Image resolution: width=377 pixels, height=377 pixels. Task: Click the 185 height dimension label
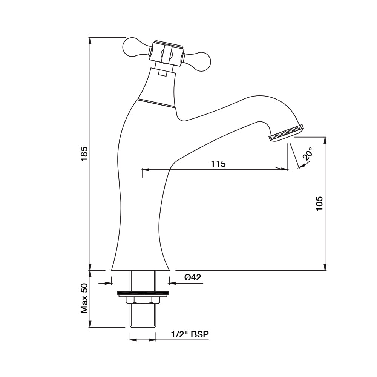click(x=85, y=154)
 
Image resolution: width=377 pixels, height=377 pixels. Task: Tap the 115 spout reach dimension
click(x=218, y=164)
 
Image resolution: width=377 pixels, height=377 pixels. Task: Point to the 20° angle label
click(x=308, y=155)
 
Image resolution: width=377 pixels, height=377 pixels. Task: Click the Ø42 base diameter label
click(x=193, y=278)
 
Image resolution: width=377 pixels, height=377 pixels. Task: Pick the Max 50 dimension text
click(x=85, y=298)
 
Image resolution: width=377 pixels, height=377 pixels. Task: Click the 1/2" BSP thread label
click(x=190, y=334)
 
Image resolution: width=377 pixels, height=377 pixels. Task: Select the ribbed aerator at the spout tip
click(x=286, y=132)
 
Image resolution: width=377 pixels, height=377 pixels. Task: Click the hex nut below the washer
click(x=143, y=300)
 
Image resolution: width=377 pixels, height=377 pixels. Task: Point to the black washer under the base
click(x=143, y=293)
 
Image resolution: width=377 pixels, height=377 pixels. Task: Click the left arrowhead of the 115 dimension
click(x=146, y=170)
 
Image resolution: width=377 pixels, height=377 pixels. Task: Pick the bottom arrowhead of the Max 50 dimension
click(x=90, y=325)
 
